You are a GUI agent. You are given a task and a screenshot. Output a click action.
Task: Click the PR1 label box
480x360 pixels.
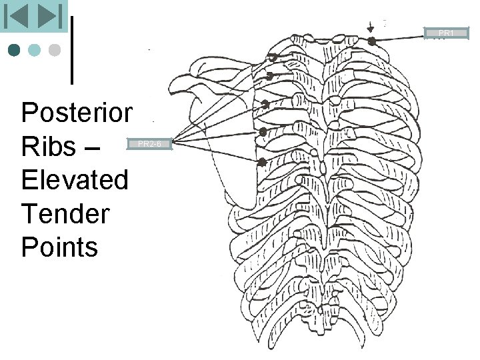[x=446, y=33]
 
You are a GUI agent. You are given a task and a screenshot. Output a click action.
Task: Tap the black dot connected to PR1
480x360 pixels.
[x=373, y=40]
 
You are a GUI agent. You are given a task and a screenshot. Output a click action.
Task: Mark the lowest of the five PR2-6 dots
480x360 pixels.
[x=262, y=162]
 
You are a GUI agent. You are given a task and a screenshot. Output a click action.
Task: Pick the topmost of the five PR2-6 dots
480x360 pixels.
[x=273, y=57]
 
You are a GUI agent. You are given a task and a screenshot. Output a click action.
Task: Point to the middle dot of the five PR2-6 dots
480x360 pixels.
[x=265, y=104]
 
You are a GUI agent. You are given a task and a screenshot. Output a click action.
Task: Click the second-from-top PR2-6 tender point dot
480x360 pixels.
[x=269, y=75]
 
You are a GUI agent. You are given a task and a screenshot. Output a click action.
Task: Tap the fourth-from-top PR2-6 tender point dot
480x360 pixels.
[x=263, y=132]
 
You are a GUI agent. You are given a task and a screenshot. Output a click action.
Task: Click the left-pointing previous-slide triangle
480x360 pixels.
[x=17, y=16]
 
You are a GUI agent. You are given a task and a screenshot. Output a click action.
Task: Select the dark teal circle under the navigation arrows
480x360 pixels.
[x=15, y=50]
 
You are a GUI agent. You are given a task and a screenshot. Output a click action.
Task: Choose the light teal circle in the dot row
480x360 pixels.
[x=35, y=50]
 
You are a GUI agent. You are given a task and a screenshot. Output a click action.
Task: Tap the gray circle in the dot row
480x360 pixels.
[x=55, y=50]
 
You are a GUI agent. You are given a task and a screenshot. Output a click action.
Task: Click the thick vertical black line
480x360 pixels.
[x=72, y=50]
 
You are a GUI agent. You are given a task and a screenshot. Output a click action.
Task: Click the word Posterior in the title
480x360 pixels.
[x=77, y=113]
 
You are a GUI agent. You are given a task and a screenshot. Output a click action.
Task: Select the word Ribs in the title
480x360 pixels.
[x=48, y=147]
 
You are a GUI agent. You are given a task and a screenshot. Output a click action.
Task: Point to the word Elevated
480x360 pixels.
[x=74, y=180]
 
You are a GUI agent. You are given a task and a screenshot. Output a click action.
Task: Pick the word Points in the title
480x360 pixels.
[x=59, y=247]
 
